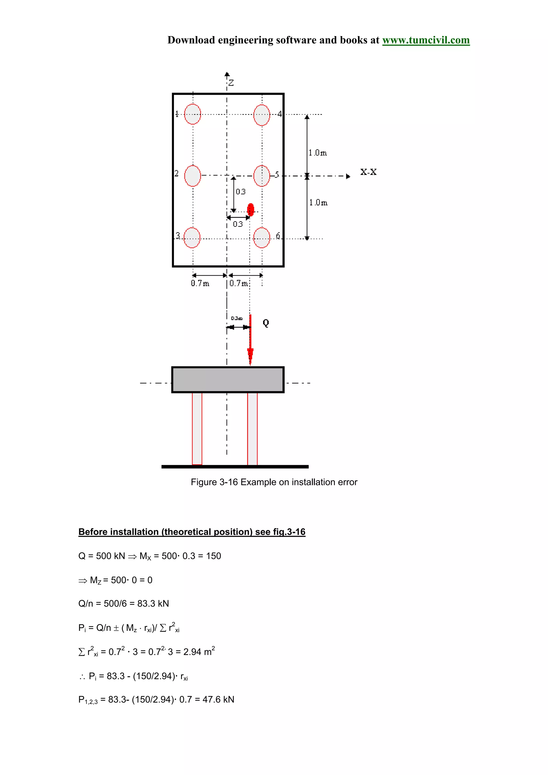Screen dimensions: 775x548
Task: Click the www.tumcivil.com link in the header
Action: (x=425, y=40)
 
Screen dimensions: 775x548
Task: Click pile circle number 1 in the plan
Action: (x=192, y=114)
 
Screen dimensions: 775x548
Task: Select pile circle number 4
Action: (x=262, y=115)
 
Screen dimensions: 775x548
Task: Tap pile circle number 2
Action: (x=192, y=175)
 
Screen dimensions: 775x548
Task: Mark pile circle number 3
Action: (x=192, y=238)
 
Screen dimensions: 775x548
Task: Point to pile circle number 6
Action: (x=262, y=238)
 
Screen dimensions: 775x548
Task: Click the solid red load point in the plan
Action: (x=250, y=210)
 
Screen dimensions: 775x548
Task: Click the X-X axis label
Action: (x=368, y=172)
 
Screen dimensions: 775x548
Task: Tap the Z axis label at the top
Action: (x=231, y=83)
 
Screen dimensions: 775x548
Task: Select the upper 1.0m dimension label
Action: (x=317, y=153)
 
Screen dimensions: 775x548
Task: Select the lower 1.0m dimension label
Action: (x=318, y=202)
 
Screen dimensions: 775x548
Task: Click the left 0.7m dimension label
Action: (x=200, y=283)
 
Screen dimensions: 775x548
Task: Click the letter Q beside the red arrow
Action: (x=266, y=323)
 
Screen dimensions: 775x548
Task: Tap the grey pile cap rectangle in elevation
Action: (x=228, y=380)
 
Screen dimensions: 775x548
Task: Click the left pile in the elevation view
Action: (x=197, y=428)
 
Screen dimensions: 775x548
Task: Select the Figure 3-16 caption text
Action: (x=274, y=482)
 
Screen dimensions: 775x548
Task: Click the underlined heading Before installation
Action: (x=192, y=532)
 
